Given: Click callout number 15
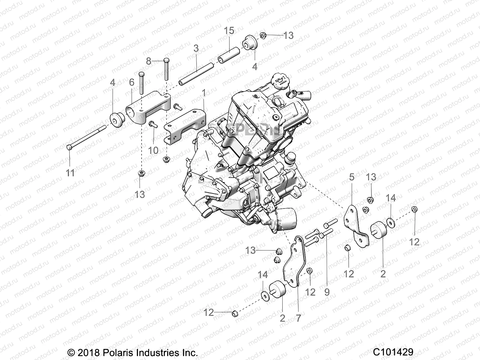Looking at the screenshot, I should [x=229, y=31].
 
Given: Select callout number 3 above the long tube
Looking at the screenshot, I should [x=196, y=48].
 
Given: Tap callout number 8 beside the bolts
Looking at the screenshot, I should [x=149, y=61].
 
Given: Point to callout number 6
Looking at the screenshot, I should [x=132, y=82].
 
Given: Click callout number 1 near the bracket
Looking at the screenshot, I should [x=204, y=93].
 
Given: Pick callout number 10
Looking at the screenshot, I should [x=153, y=150].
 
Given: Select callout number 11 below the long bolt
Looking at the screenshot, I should [x=70, y=173].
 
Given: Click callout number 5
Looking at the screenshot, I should [x=352, y=177].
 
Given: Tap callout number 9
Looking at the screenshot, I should [x=327, y=292].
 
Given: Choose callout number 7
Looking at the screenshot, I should [x=298, y=318].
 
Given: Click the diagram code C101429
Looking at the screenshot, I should [x=393, y=352].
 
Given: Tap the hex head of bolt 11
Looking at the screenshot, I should [x=69, y=147].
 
